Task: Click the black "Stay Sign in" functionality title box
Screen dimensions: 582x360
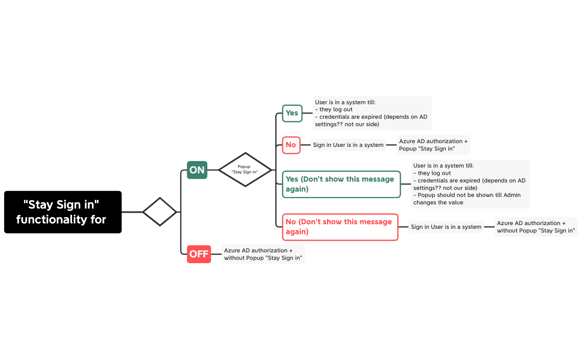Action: (x=63, y=212)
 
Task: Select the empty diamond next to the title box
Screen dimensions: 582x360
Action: (x=160, y=198)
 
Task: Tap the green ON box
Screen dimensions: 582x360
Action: (x=197, y=170)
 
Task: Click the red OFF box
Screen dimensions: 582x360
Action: (x=199, y=254)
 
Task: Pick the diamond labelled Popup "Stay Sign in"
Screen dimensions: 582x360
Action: (x=245, y=153)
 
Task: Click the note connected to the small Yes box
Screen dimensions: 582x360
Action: (x=372, y=113)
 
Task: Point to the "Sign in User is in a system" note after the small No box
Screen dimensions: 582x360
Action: (x=348, y=145)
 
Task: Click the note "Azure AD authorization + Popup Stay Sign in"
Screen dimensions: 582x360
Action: (x=433, y=145)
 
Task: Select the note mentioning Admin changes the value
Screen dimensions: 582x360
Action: (x=470, y=184)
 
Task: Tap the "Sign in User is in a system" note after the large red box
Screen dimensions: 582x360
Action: (x=446, y=227)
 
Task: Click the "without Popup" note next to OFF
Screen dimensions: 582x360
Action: (x=263, y=254)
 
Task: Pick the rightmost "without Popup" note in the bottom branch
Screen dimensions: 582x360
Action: (x=536, y=227)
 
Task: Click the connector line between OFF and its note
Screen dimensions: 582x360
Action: (x=216, y=254)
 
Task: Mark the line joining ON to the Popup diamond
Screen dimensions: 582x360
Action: (x=213, y=170)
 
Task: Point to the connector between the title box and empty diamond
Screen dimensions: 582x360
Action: (x=132, y=212)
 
